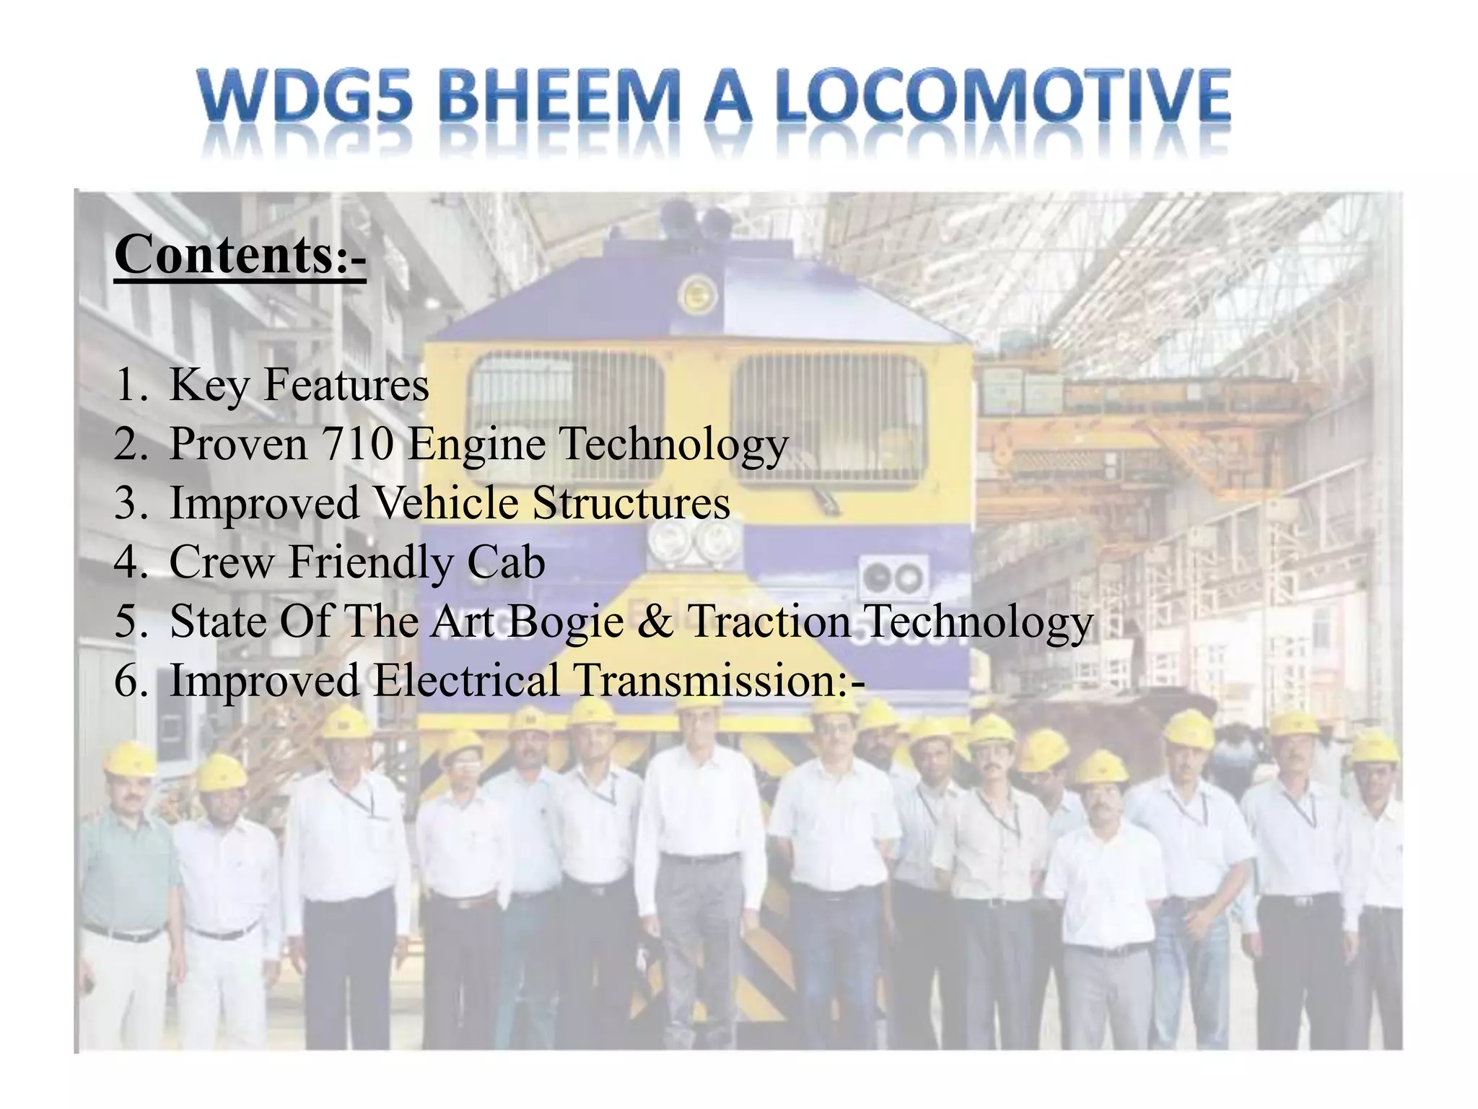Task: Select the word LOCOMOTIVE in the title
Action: click(x=1003, y=97)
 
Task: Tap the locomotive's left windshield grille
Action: click(x=567, y=412)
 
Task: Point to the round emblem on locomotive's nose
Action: click(x=697, y=295)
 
